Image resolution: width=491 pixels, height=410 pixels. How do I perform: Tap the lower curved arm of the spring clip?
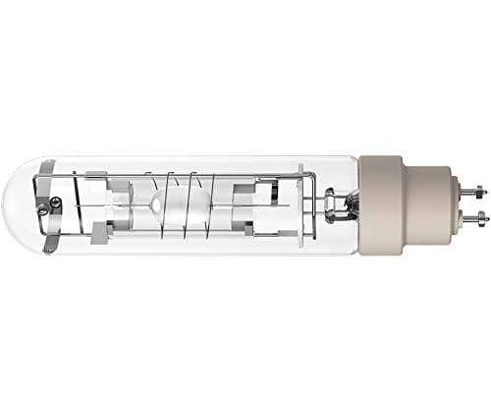[69, 236]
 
